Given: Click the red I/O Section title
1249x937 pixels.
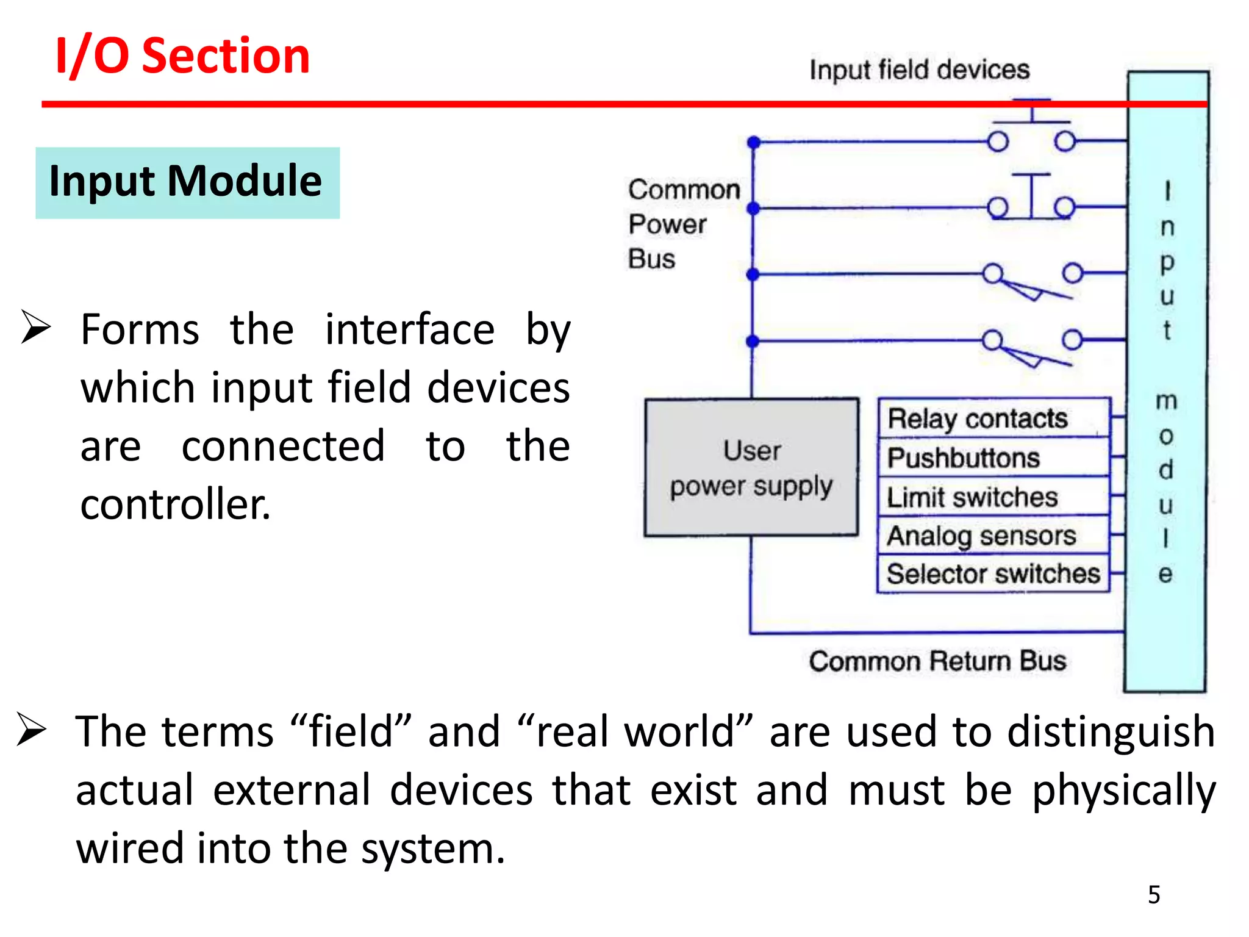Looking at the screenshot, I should [x=182, y=56].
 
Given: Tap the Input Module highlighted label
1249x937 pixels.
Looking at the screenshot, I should [x=186, y=182].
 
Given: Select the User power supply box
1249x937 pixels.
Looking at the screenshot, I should [x=751, y=468].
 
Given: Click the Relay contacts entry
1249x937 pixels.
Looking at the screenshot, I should [x=978, y=418].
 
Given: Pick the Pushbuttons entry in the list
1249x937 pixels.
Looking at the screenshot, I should [x=964, y=458].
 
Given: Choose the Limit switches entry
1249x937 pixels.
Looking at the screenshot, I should [x=972, y=497].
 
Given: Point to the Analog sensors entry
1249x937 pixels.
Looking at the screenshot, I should [x=981, y=536].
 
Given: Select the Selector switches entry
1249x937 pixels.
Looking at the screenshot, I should [x=993, y=574].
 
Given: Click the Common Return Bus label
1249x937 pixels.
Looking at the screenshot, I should [x=937, y=661].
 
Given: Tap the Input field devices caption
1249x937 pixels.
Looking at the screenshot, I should [x=919, y=70].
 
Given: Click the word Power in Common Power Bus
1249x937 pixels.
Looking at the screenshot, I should [x=667, y=224].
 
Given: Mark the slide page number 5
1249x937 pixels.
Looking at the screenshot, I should [x=1154, y=895].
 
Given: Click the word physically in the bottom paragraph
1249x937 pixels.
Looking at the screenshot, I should [x=1123, y=791].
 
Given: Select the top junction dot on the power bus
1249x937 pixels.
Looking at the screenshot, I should [x=754, y=142].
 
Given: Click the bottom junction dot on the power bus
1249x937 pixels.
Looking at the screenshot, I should [x=753, y=341].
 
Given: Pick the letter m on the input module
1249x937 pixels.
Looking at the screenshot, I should [x=1166, y=401].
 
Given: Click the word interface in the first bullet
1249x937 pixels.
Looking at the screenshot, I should [x=409, y=329].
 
